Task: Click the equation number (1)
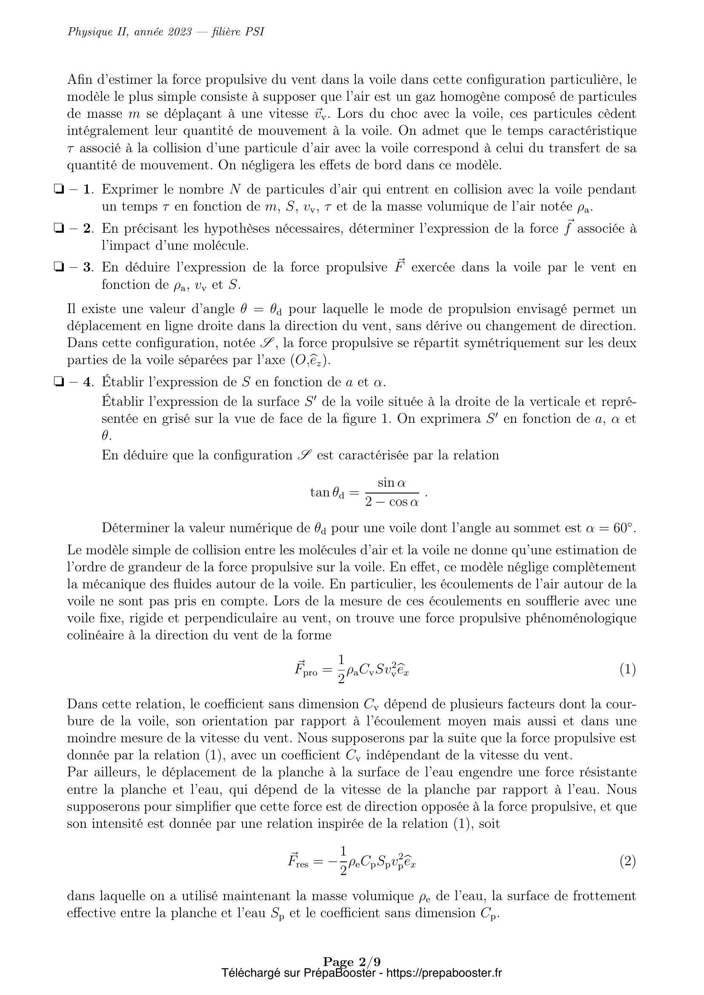pyautogui.click(x=627, y=670)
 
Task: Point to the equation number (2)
pyautogui.click(x=627, y=861)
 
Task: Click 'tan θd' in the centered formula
pyautogui.click(x=327, y=493)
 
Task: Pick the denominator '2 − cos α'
pyautogui.click(x=392, y=502)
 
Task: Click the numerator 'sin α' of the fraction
pyautogui.click(x=392, y=483)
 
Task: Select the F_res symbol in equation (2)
pyautogui.click(x=298, y=861)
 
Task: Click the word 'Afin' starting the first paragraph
pyautogui.click(x=80, y=80)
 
